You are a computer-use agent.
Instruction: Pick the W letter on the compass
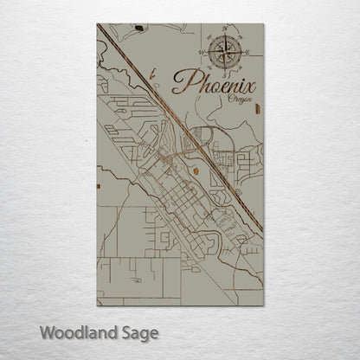(202, 53)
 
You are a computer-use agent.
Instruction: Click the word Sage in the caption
(137, 332)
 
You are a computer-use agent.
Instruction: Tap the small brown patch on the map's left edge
(100, 183)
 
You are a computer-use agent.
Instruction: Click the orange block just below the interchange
(196, 170)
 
